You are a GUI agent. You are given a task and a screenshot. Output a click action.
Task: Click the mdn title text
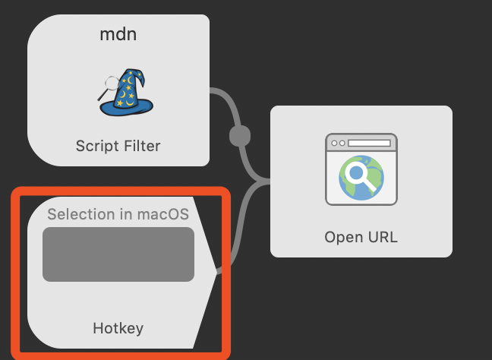point(118,34)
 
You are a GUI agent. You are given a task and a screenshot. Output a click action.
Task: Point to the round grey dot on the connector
point(239,137)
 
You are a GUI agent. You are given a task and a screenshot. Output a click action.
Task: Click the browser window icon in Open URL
point(361,169)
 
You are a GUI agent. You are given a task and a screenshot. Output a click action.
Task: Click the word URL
point(380,237)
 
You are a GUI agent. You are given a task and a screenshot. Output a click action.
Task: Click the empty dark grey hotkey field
point(118,254)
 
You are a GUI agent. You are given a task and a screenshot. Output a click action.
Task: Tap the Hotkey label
point(118,328)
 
